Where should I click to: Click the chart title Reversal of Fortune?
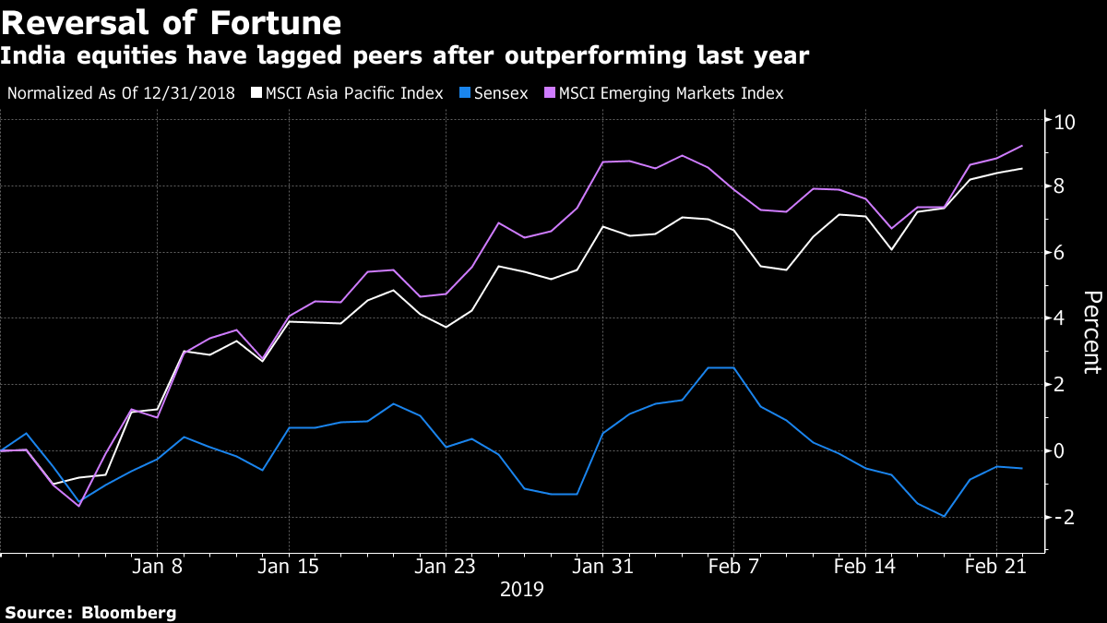tap(172, 22)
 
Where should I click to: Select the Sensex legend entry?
tap(498, 93)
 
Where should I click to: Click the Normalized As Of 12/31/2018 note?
tap(121, 93)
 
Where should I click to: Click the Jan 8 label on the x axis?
tap(157, 567)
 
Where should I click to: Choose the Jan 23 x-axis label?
tap(446, 567)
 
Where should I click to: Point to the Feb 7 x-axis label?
tap(733, 567)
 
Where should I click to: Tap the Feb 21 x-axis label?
tap(996, 567)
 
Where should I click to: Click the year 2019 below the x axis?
tap(521, 589)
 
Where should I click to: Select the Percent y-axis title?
tap(1092, 332)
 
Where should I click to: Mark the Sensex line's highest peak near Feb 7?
tap(721, 367)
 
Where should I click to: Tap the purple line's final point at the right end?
tap(1021, 146)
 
